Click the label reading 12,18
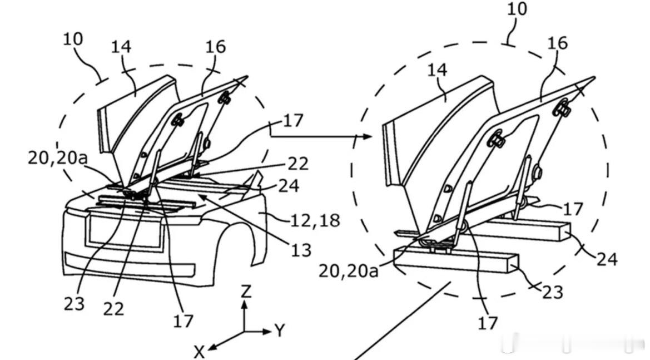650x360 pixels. (x=315, y=220)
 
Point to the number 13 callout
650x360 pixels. (x=301, y=250)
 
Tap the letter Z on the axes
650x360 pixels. (x=246, y=292)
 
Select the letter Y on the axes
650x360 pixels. (x=280, y=331)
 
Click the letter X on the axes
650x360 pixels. (x=200, y=352)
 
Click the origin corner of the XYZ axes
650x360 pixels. (x=245, y=332)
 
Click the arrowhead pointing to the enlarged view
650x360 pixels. (x=368, y=136)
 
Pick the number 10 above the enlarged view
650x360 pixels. (x=517, y=8)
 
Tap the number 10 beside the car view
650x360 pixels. (x=73, y=39)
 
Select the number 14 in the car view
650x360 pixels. (x=121, y=46)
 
